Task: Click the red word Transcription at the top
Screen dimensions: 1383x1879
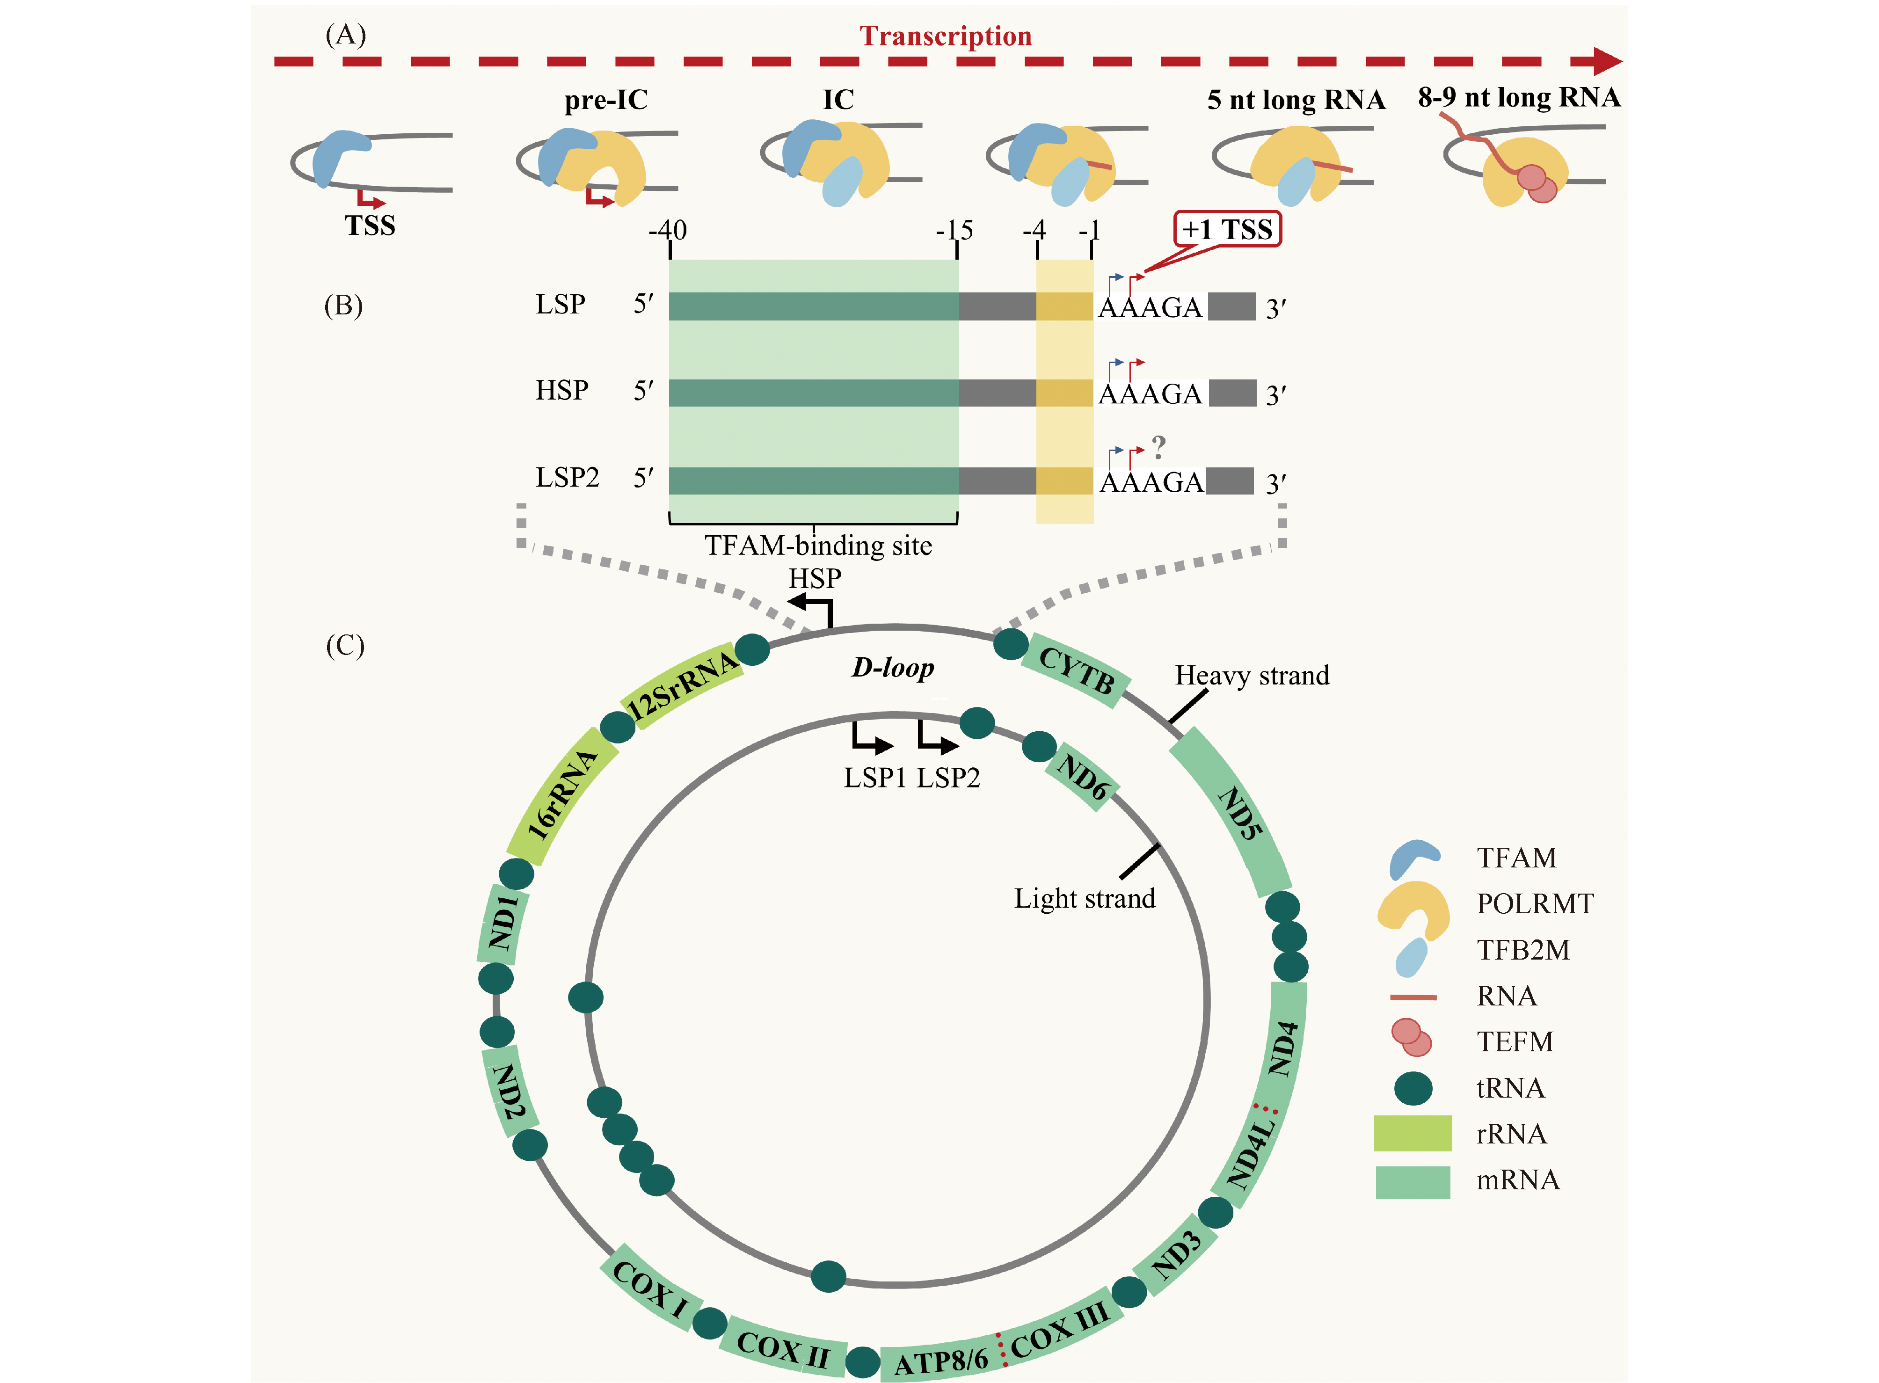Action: click(x=945, y=36)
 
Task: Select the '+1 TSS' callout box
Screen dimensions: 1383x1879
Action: click(x=1227, y=228)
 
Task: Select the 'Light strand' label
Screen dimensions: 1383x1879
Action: click(x=1084, y=898)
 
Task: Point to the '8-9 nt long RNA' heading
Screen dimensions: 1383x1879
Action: click(x=1518, y=98)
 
